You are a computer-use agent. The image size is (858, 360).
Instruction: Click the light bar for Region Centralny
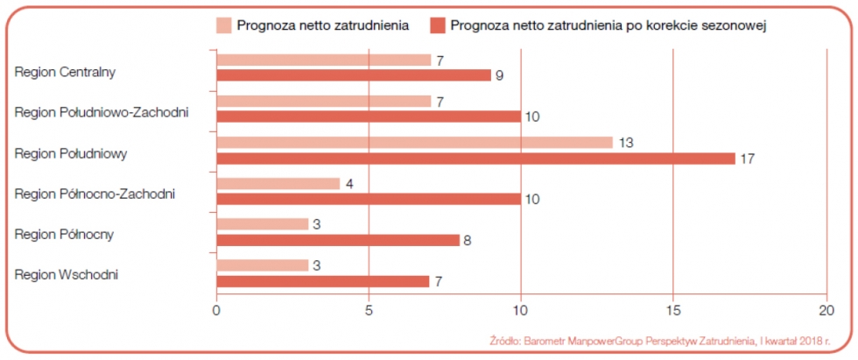(324, 60)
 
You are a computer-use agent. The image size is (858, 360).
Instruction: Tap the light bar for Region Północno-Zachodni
(278, 184)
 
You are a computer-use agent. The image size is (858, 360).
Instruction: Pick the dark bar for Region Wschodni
(323, 281)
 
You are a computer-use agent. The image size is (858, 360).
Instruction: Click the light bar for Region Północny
(263, 224)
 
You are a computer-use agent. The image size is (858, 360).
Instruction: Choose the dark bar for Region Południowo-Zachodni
(369, 116)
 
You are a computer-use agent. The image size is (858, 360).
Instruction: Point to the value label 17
(747, 159)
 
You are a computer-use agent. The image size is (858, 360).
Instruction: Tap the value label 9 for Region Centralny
(499, 75)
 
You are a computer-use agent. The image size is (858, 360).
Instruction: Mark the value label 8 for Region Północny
(468, 240)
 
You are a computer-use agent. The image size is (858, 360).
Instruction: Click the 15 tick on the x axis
(672, 309)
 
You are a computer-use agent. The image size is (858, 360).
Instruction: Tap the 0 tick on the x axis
(216, 309)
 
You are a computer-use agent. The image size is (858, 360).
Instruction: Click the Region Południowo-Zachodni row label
(102, 112)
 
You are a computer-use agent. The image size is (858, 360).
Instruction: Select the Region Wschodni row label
(67, 275)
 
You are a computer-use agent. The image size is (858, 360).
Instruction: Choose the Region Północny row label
(64, 234)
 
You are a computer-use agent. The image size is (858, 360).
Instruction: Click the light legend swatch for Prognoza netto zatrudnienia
(224, 25)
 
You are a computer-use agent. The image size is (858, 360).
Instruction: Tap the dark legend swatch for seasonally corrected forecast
(438, 25)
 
